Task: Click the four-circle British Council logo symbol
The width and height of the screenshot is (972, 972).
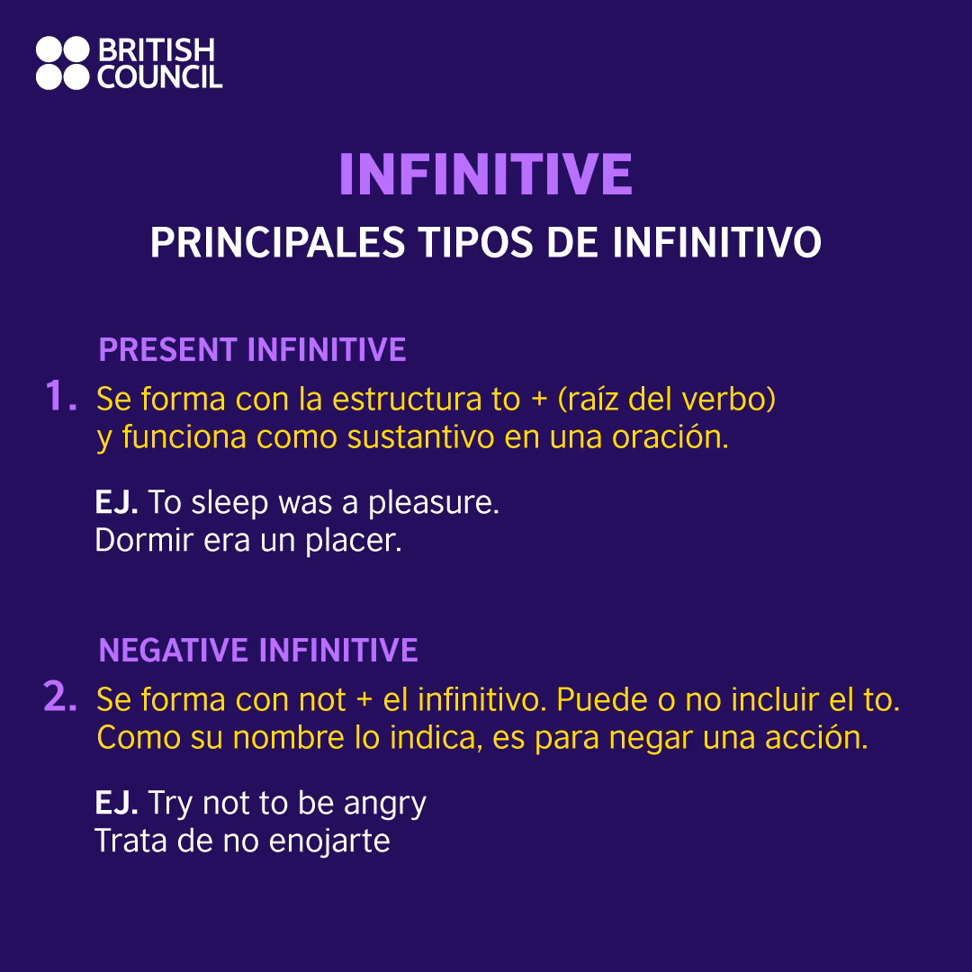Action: tap(63, 63)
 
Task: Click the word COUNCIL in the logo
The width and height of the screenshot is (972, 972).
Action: tap(159, 77)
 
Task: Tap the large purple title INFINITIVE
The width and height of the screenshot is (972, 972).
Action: tap(486, 175)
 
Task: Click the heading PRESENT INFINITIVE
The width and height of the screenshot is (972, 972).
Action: tap(252, 350)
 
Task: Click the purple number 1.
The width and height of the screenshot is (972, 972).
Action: tap(60, 397)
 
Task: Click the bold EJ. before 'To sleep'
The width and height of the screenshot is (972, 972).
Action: tap(116, 503)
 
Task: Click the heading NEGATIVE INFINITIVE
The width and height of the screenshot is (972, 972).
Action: tap(258, 650)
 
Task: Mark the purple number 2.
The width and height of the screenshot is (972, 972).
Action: tap(60, 697)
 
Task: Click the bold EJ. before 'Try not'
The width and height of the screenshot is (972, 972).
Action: tap(116, 803)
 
